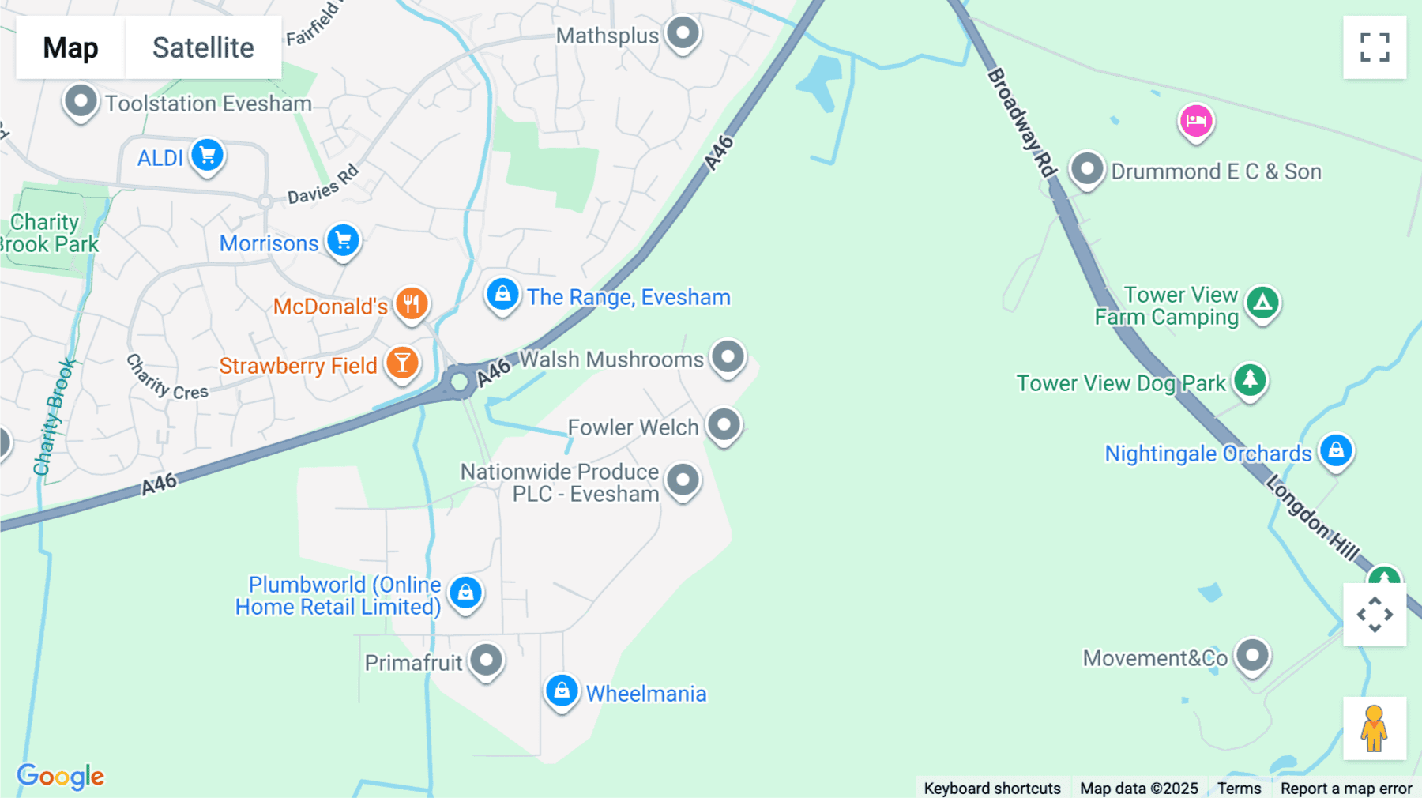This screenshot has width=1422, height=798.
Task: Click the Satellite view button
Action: (x=203, y=47)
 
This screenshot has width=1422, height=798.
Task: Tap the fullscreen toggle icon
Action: (x=1375, y=47)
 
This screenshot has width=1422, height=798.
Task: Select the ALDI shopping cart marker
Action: (x=208, y=155)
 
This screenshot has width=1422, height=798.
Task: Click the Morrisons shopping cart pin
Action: (x=344, y=240)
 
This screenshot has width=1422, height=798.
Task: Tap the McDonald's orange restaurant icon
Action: (x=412, y=303)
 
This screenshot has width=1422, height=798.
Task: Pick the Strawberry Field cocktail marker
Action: (x=403, y=363)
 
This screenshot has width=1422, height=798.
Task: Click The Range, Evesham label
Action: (x=629, y=298)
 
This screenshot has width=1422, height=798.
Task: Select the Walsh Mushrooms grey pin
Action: (x=728, y=356)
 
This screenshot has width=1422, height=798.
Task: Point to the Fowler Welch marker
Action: (x=724, y=424)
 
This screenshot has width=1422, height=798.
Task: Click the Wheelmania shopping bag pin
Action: (x=562, y=691)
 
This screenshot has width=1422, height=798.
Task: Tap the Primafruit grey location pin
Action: (x=487, y=659)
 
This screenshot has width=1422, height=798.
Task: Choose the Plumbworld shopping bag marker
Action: (x=465, y=592)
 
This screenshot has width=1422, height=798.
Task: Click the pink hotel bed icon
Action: (x=1196, y=121)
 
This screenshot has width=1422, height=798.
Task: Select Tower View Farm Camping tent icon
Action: (x=1262, y=302)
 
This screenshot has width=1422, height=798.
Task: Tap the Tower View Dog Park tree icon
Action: (x=1250, y=380)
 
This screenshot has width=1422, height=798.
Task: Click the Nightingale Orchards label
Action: (x=1208, y=454)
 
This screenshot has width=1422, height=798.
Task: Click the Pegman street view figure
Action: (x=1374, y=728)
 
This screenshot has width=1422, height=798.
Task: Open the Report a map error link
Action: (x=1346, y=789)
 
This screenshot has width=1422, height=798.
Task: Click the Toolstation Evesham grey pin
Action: (x=81, y=102)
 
